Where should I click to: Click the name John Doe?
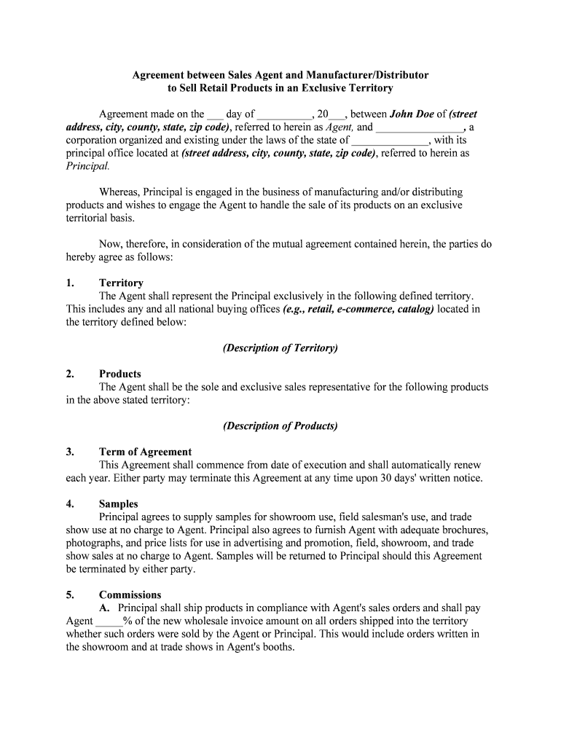pos(412,114)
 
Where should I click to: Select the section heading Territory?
pos(121,283)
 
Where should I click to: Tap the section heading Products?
pos(120,374)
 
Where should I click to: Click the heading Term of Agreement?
pos(146,452)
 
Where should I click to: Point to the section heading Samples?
pos(119,504)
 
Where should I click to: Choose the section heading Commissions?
pos(130,594)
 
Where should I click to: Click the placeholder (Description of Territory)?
pos(280,348)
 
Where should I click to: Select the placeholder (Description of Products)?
pos(280,425)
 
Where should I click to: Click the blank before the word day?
pos(215,115)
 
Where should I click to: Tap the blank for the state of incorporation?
pos(391,141)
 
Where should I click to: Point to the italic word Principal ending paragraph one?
pos(87,166)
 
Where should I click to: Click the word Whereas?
pos(119,192)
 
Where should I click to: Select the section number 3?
pos(70,452)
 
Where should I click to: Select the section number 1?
pos(70,283)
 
